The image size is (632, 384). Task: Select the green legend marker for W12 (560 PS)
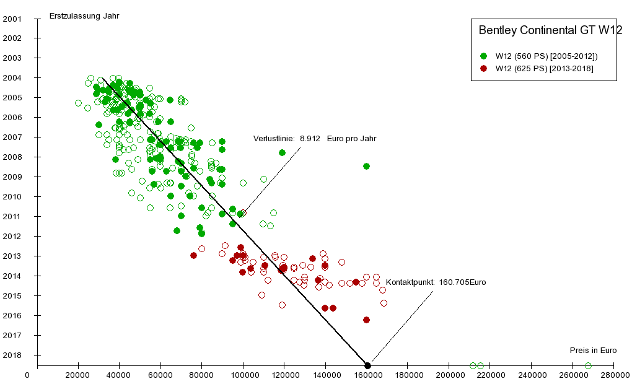click(x=484, y=56)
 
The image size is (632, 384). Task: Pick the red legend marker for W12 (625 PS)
click(x=484, y=69)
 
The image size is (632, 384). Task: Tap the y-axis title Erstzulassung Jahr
click(x=84, y=16)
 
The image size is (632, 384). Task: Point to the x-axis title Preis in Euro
click(x=593, y=351)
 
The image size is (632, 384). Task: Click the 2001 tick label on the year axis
click(x=12, y=19)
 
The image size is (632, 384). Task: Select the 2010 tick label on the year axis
click(x=12, y=197)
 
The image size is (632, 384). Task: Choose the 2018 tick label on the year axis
click(x=12, y=356)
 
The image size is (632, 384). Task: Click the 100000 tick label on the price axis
click(x=244, y=375)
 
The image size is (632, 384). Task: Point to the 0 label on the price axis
click(x=27, y=375)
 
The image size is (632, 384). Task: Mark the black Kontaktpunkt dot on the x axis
click(x=367, y=365)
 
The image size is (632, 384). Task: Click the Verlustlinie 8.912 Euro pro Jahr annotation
click(x=315, y=139)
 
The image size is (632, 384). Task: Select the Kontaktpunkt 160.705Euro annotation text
click(x=436, y=282)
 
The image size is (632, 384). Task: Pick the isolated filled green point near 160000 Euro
click(x=366, y=166)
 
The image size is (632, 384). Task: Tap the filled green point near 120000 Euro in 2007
click(x=282, y=152)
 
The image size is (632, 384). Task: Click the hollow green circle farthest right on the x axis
click(x=588, y=365)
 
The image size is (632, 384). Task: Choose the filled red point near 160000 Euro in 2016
click(x=366, y=320)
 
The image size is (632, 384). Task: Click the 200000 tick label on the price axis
click(x=449, y=375)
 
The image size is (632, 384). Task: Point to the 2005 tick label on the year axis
click(x=12, y=98)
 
